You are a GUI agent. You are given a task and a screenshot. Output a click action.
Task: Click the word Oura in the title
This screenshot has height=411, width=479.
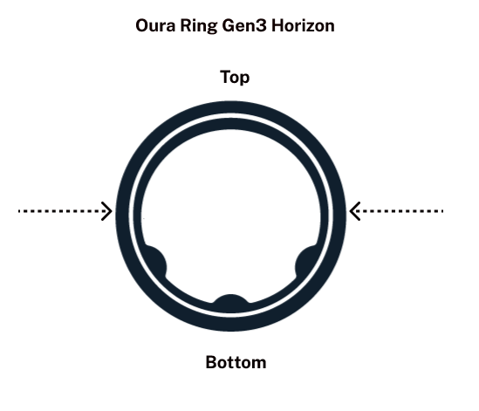point(155,25)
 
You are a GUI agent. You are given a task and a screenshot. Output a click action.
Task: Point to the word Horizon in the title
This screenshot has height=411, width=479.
point(303,25)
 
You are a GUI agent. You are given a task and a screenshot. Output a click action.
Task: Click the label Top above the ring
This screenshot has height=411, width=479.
point(235,78)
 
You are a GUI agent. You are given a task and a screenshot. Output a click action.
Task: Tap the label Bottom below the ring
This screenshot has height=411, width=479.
point(236,362)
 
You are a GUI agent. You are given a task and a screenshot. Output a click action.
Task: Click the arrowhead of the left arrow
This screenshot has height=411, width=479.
point(107,211)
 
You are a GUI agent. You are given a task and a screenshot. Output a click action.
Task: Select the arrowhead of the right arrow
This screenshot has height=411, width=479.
point(354,211)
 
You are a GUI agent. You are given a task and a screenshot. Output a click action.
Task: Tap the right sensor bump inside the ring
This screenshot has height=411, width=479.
point(306,262)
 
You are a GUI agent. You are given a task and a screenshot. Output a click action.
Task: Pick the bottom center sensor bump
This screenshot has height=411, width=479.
point(231,303)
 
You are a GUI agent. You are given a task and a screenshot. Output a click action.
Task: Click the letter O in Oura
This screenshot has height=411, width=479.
point(142,25)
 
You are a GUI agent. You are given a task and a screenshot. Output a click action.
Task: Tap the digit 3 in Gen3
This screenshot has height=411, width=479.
point(262,25)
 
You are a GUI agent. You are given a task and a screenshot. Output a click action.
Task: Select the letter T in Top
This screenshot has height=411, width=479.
point(225,77)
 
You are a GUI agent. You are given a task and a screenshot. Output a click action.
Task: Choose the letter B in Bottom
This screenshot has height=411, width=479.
point(211,362)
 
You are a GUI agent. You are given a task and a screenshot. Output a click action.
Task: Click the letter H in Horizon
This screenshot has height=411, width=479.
point(277,25)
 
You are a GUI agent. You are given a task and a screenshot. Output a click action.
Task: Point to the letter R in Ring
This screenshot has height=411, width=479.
point(186,25)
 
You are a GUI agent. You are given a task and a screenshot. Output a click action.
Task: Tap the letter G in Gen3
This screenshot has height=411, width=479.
point(229,25)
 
